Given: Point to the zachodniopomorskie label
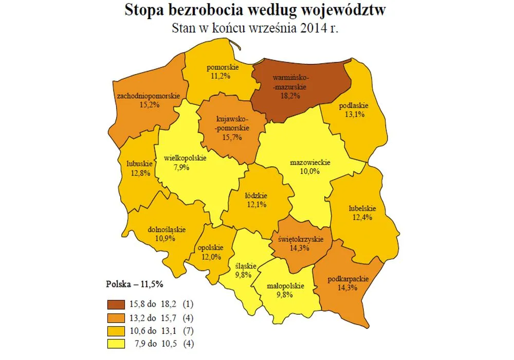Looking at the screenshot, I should pyautogui.click(x=148, y=96).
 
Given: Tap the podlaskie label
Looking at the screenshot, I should pyautogui.click(x=352, y=106).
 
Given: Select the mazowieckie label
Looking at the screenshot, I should pyautogui.click(x=310, y=163).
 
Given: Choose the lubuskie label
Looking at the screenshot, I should pyautogui.click(x=139, y=164).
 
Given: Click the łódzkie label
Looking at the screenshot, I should pyautogui.click(x=255, y=195).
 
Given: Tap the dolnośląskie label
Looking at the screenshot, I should pyautogui.click(x=166, y=230).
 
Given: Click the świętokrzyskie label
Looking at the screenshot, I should pyautogui.click(x=300, y=240).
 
